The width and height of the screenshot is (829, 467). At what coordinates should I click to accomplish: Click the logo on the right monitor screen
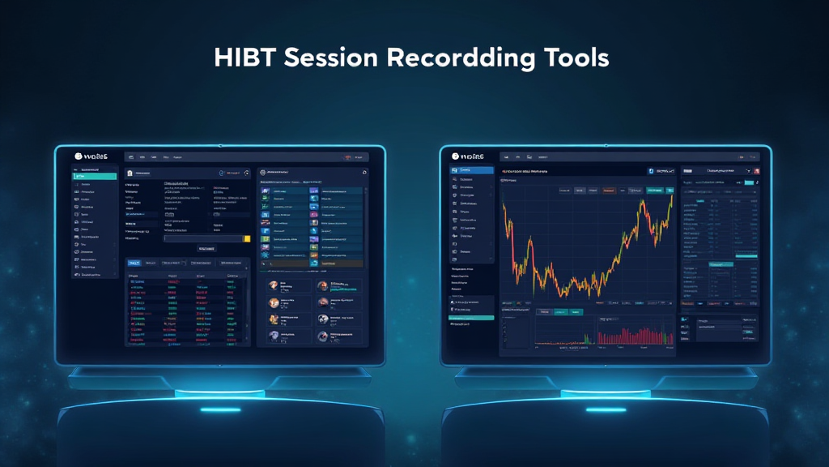pyautogui.click(x=468, y=156)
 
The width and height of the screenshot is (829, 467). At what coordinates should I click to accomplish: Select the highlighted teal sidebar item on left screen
pyautogui.click(x=95, y=176)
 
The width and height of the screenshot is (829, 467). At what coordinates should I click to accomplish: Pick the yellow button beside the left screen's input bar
pyautogui.click(x=247, y=238)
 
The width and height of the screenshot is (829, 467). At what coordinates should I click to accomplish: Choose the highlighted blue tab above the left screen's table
pyautogui.click(x=135, y=263)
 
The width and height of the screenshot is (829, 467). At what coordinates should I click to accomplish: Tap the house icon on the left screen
pyautogui.click(x=130, y=174)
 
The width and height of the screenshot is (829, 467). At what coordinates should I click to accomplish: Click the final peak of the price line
pyautogui.click(x=671, y=195)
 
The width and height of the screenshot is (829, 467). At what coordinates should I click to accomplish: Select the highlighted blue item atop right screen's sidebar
pyautogui.click(x=471, y=170)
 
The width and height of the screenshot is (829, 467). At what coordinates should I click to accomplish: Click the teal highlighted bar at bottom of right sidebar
pyautogui.click(x=471, y=318)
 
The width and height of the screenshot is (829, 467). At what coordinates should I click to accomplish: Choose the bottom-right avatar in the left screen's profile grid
pyautogui.click(x=323, y=336)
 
